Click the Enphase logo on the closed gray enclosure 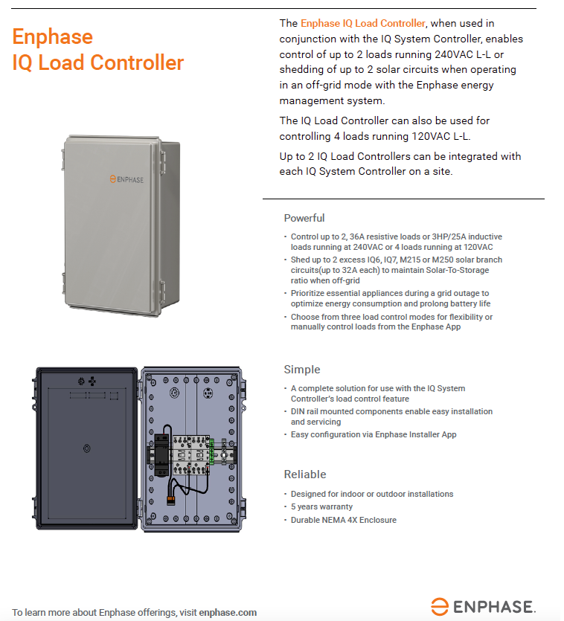click(126, 179)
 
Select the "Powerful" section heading click(304, 218)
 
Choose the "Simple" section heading click(302, 370)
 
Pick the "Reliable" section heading click(305, 474)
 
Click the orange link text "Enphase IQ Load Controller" click(363, 24)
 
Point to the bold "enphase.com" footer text click(228, 613)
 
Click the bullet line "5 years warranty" click(321, 507)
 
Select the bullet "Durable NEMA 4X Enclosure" click(343, 520)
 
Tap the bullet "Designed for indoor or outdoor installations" click(371, 494)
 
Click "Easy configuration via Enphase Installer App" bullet click(373, 434)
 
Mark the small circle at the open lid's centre click(87, 448)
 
